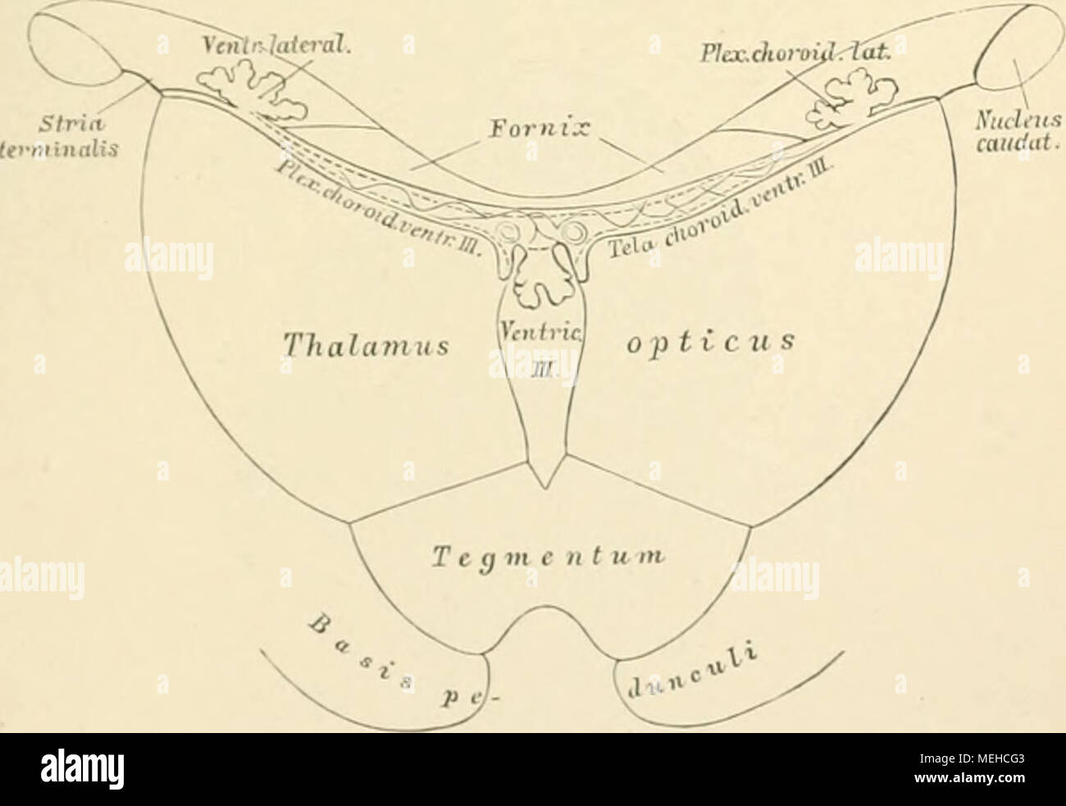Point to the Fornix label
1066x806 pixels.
click(x=538, y=132)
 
